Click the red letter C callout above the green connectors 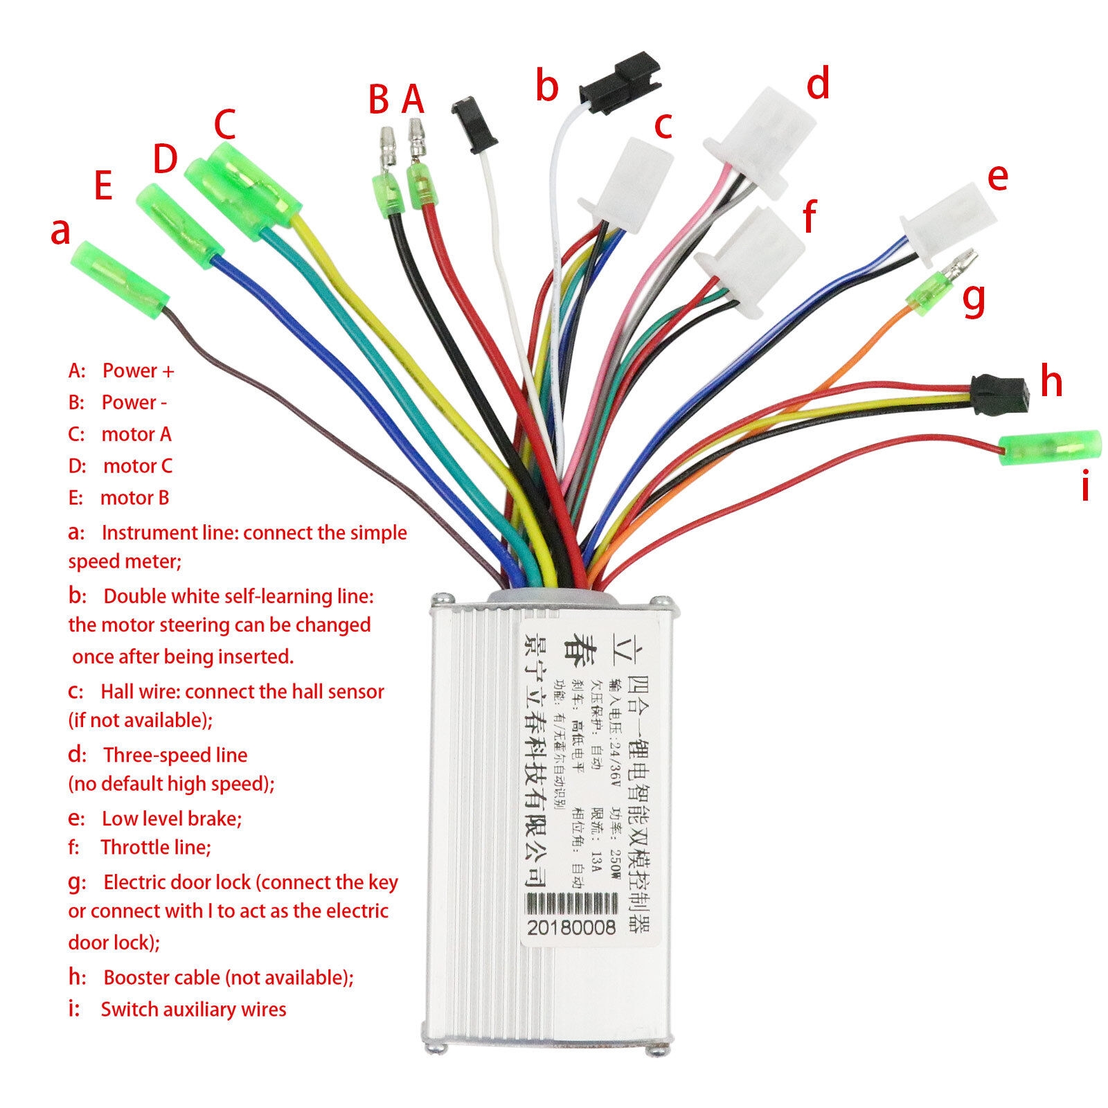point(225,124)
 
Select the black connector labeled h point(1000,395)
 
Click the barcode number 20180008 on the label point(571,927)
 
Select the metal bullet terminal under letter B point(386,147)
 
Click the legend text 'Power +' point(138,371)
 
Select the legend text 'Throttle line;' point(156,847)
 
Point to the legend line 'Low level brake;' point(172,819)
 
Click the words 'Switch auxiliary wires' point(193,1009)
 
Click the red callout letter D point(165,159)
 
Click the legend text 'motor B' point(134,498)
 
